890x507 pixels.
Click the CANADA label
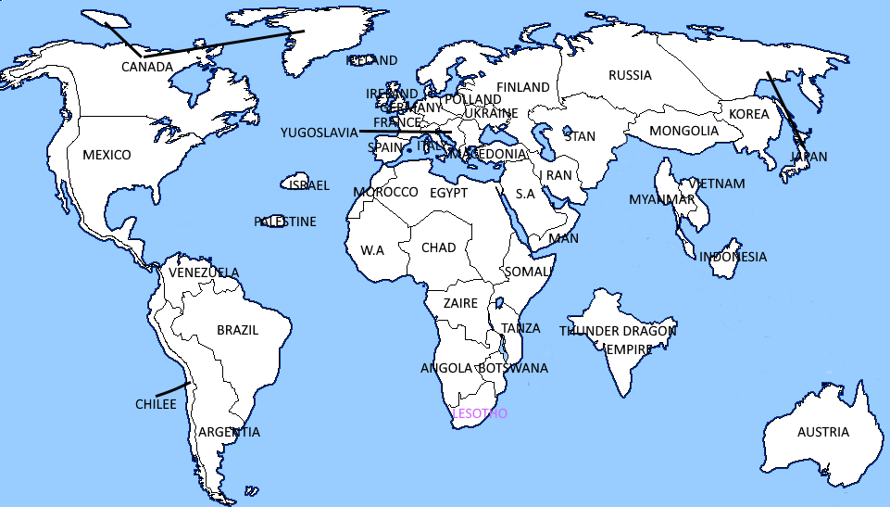point(146,67)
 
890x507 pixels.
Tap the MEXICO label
point(107,155)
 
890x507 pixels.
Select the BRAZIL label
point(237,330)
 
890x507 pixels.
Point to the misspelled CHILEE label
point(156,404)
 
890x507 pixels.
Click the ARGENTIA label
point(229,432)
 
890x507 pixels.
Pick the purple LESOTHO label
point(479,413)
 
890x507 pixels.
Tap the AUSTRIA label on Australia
point(823,432)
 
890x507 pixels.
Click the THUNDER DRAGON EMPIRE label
point(618,339)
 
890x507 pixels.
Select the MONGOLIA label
point(683,131)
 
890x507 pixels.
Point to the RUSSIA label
point(630,75)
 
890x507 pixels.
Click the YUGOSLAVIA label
point(319,133)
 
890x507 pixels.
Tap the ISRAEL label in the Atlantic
point(308,185)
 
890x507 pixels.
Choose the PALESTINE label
point(285,222)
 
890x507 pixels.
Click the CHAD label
point(438,247)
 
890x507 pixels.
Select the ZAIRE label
point(460,303)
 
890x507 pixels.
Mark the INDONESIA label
point(733,257)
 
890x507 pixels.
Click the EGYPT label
point(448,193)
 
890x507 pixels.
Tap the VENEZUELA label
point(204,273)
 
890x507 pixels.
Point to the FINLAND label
point(523,87)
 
